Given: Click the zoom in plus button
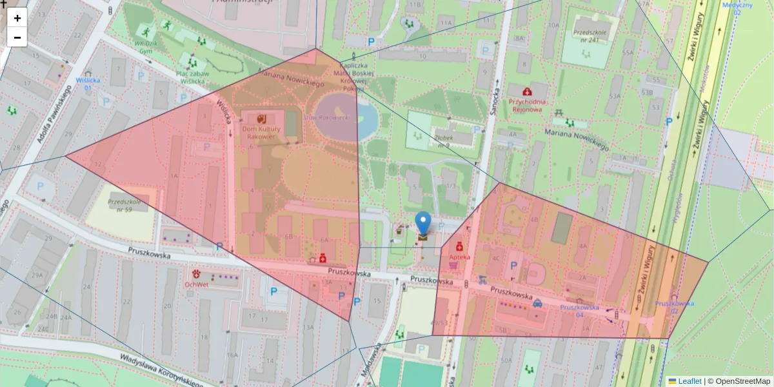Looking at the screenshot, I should coord(17,18).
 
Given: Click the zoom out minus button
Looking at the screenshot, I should coord(17,37).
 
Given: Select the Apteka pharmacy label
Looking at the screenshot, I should coord(460,256).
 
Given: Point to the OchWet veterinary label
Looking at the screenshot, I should coord(195,284).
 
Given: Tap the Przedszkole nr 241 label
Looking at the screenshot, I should coord(590,35).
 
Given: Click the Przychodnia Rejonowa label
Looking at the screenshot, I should coord(528,105).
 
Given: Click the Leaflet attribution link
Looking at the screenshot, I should coord(690,381).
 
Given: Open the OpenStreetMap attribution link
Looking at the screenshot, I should coord(739,381).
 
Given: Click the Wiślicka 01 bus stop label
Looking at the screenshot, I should coord(88,84).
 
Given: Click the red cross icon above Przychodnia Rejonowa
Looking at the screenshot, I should coord(528,92).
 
